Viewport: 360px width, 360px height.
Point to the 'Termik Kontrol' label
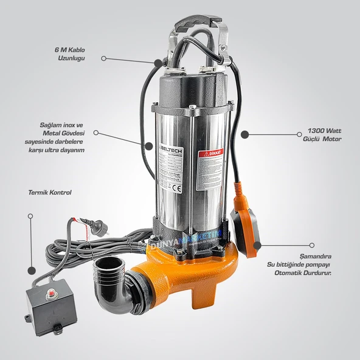click(x=50, y=192)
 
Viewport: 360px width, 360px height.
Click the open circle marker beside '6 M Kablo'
click(x=104, y=58)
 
